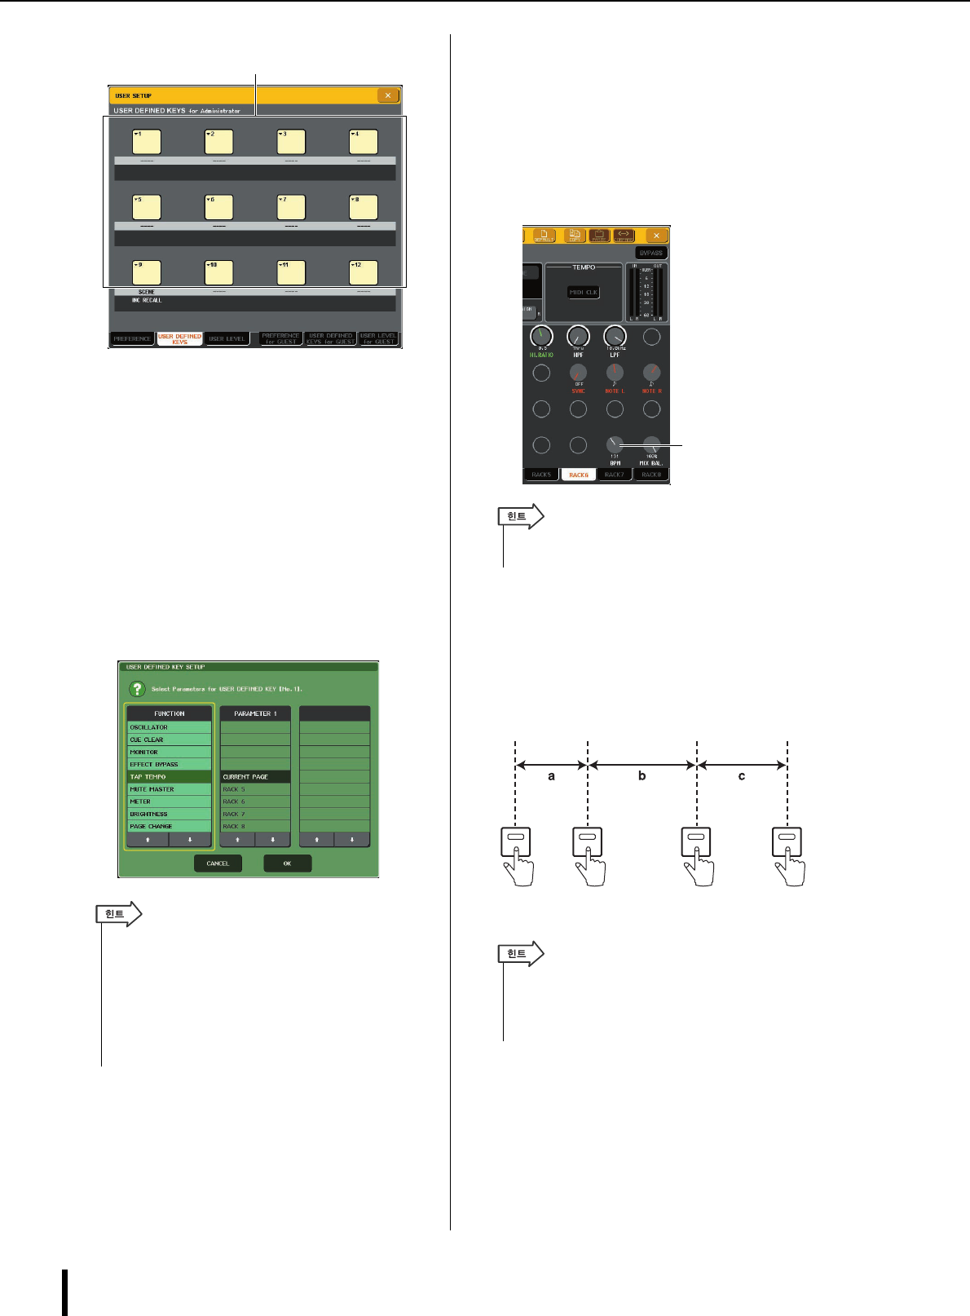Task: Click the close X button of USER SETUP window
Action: (388, 95)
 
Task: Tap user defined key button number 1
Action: (147, 142)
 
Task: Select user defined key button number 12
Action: (364, 272)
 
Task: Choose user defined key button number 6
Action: (219, 207)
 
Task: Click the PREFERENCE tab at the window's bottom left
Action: (132, 338)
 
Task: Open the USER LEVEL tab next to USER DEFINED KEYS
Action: (227, 338)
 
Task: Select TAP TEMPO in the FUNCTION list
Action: (169, 777)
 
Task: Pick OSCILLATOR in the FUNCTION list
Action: (169, 727)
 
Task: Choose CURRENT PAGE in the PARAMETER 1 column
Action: (255, 777)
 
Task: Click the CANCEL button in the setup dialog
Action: (218, 863)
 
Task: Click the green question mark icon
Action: (138, 689)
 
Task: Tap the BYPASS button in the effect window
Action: (651, 253)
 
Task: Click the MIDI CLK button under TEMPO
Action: (583, 292)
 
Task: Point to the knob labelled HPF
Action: (578, 336)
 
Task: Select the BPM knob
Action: (615, 445)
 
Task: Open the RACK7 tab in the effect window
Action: (615, 475)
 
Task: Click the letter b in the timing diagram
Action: (642, 776)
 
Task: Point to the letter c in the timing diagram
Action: (742, 776)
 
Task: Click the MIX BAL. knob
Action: (651, 445)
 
